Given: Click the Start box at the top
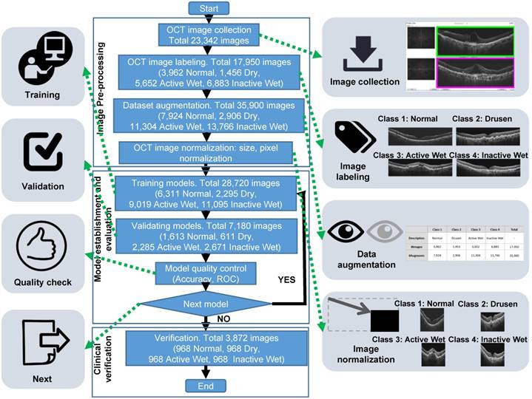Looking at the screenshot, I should [208, 8].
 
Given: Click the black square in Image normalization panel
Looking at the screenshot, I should [385, 321].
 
